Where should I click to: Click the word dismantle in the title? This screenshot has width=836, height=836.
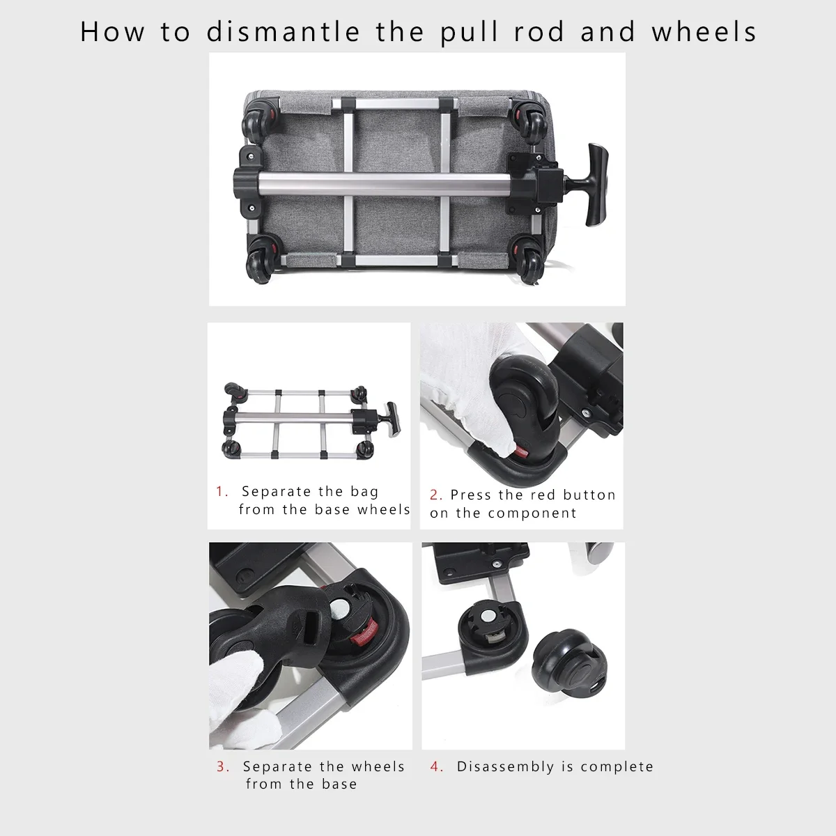click(x=283, y=31)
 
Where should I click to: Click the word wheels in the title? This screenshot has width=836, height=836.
click(x=704, y=31)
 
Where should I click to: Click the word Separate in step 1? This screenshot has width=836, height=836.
click(x=277, y=492)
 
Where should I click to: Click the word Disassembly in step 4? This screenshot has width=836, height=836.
click(x=505, y=767)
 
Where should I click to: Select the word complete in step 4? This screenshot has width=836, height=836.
click(x=617, y=767)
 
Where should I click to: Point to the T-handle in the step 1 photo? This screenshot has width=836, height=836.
click(x=390, y=419)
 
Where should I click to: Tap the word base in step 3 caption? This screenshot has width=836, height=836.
click(x=339, y=784)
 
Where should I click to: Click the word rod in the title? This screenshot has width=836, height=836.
click(x=539, y=31)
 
